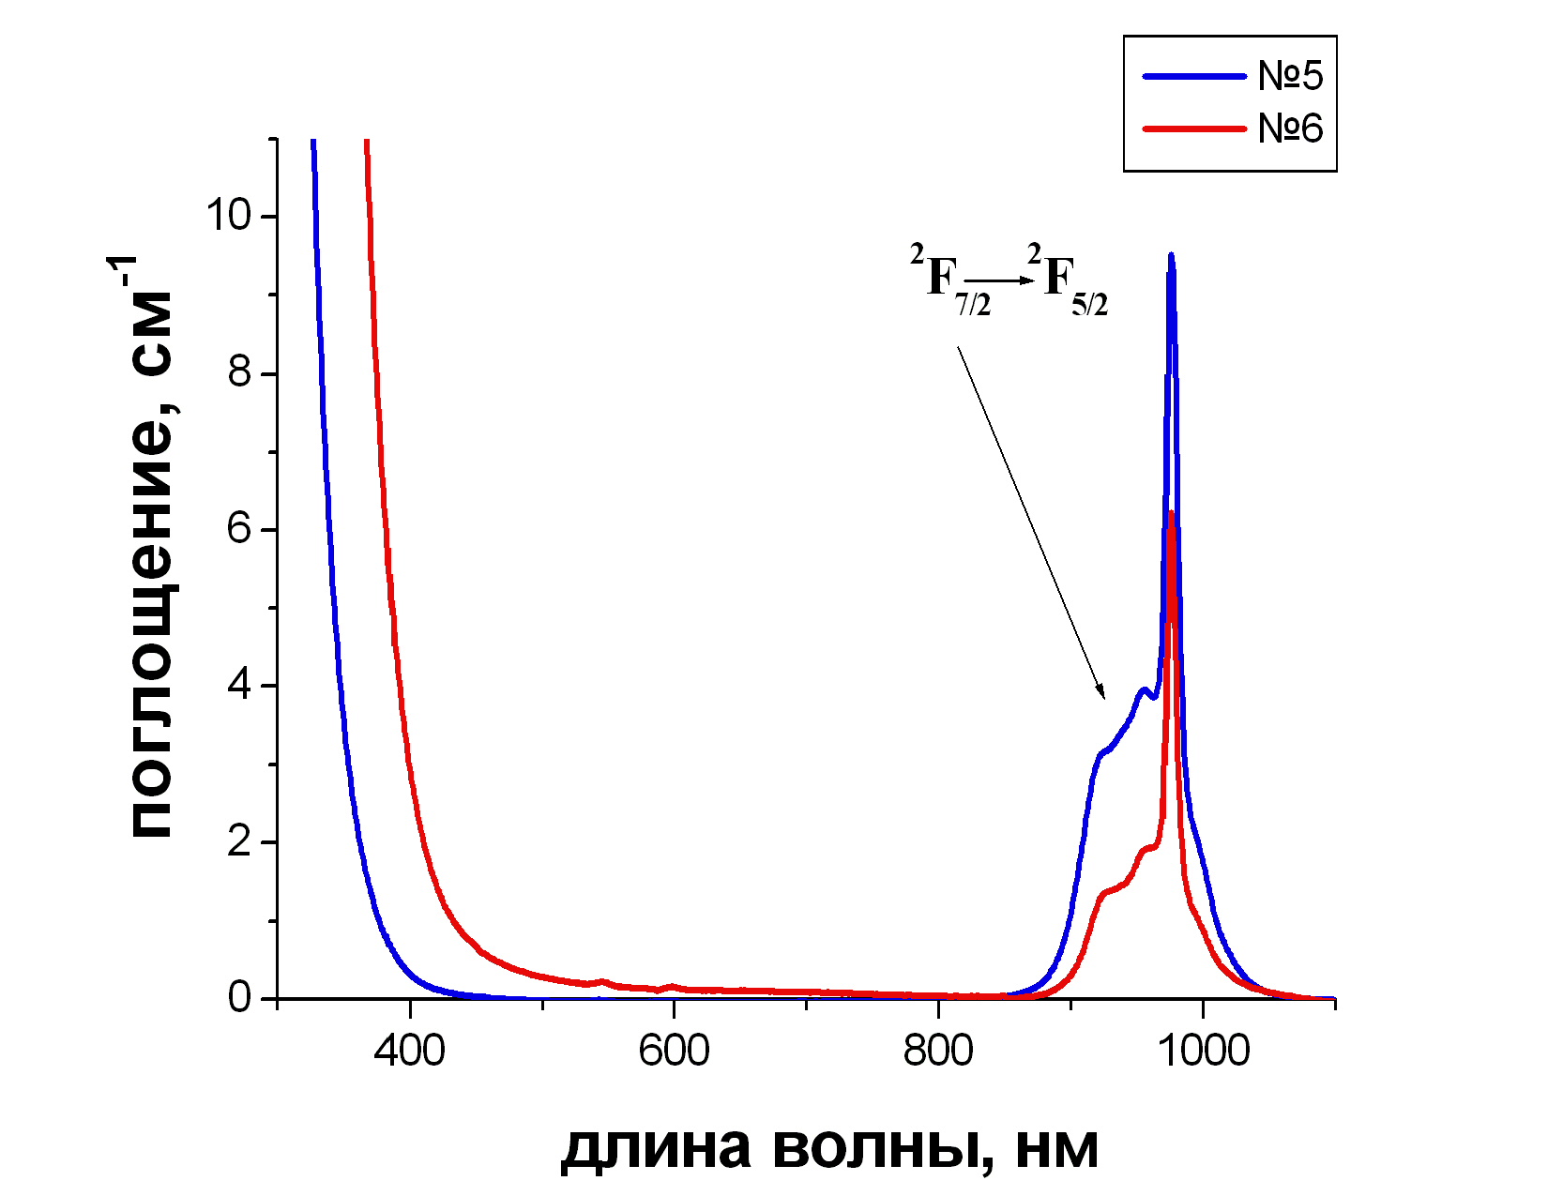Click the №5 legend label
coord(1290,76)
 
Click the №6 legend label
coord(1290,129)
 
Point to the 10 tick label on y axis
coord(229,217)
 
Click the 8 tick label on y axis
coord(240,373)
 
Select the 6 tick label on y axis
coord(240,530)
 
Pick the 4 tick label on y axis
coord(240,686)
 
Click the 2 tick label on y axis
coord(240,842)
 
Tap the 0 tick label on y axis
coord(240,997)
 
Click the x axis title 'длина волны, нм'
coord(829,1147)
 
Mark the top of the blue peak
coord(1171,254)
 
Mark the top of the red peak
coord(1172,512)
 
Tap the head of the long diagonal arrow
coord(1103,696)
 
